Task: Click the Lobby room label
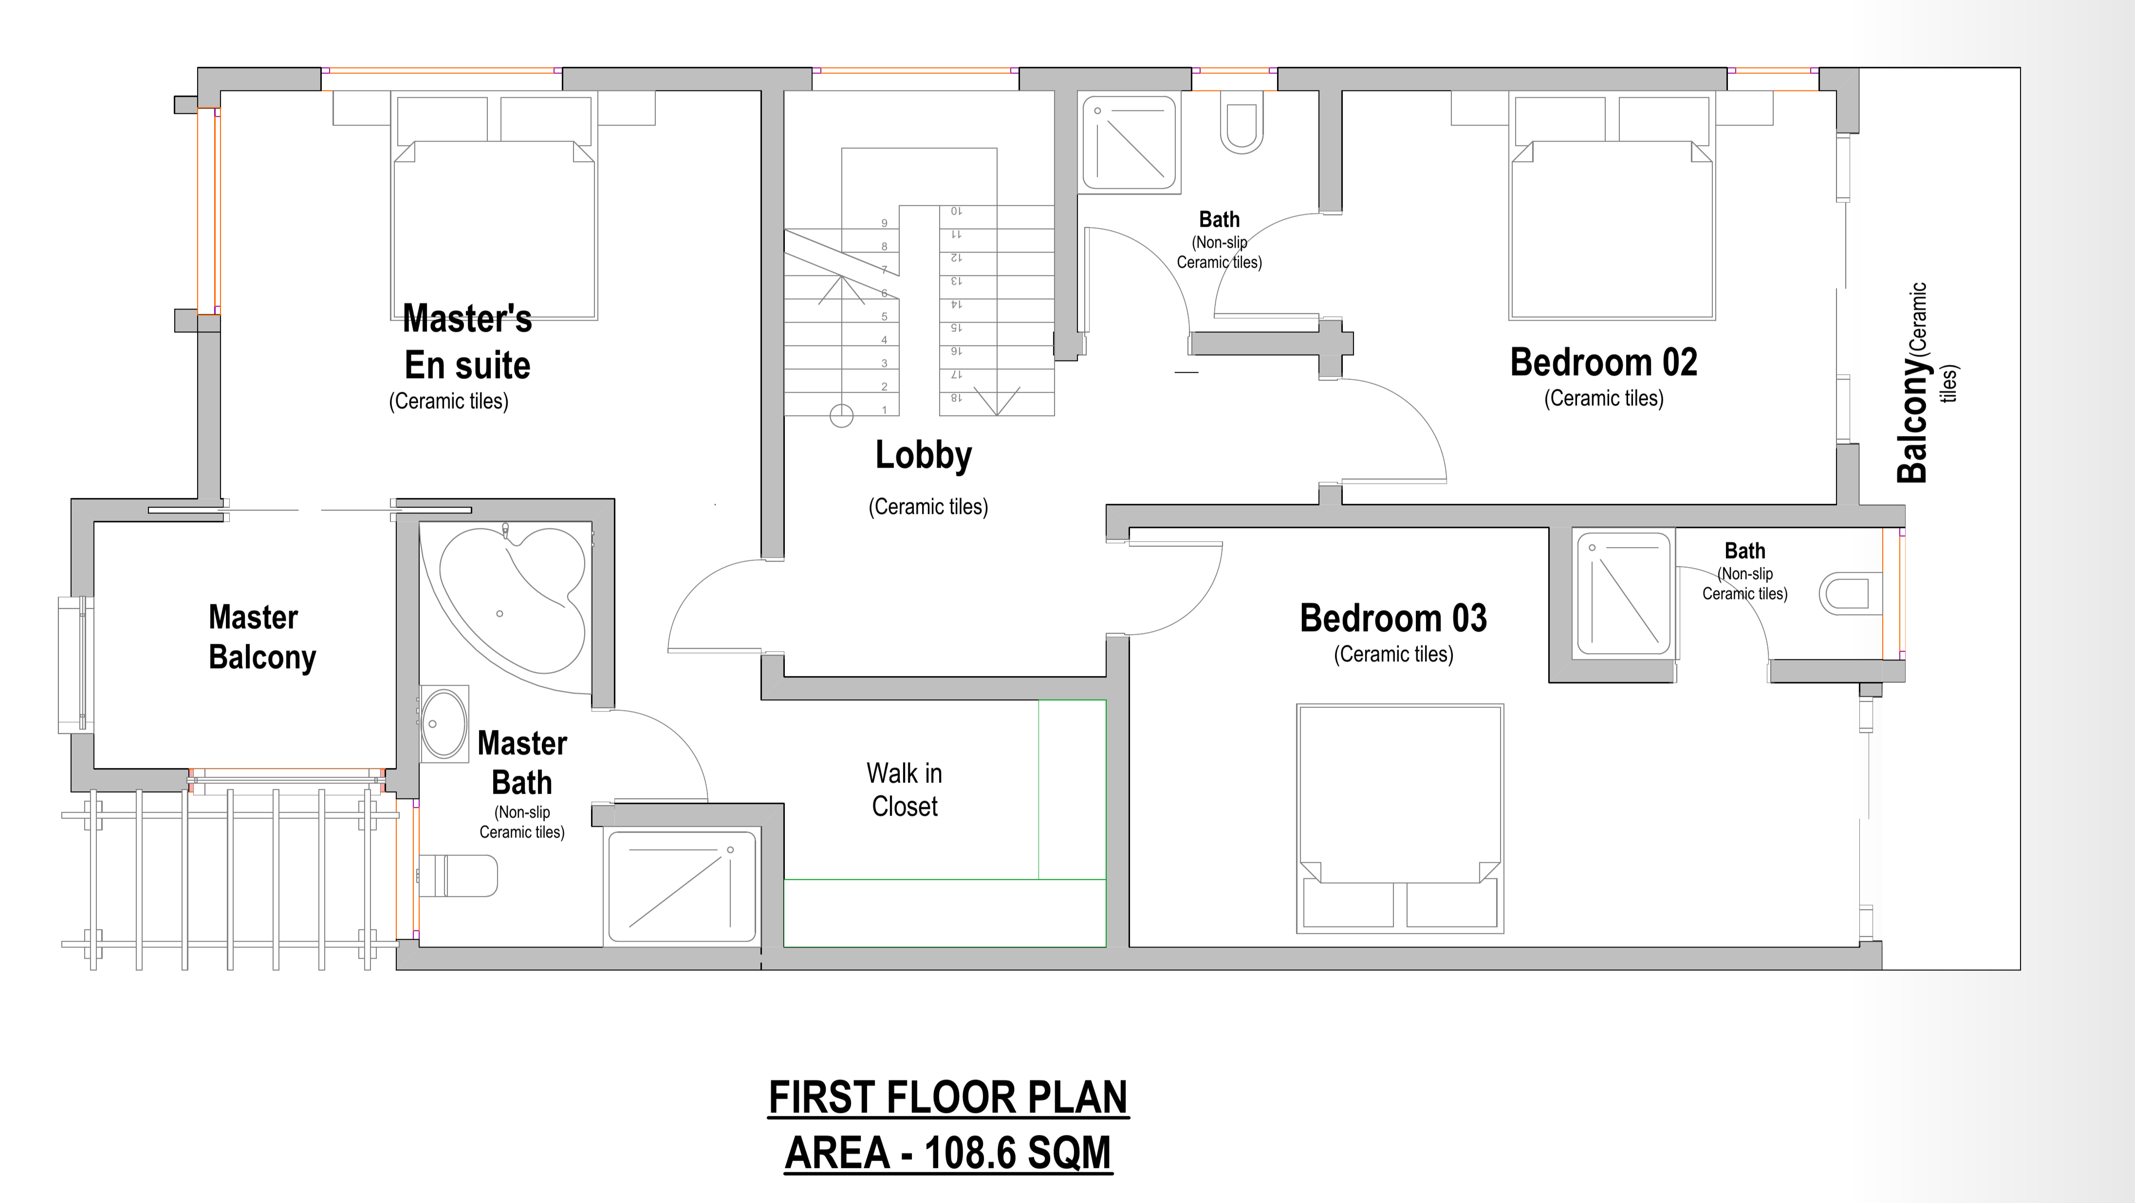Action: click(923, 456)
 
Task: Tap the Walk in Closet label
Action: click(904, 789)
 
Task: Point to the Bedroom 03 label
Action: click(1393, 619)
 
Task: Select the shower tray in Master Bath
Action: click(681, 887)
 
